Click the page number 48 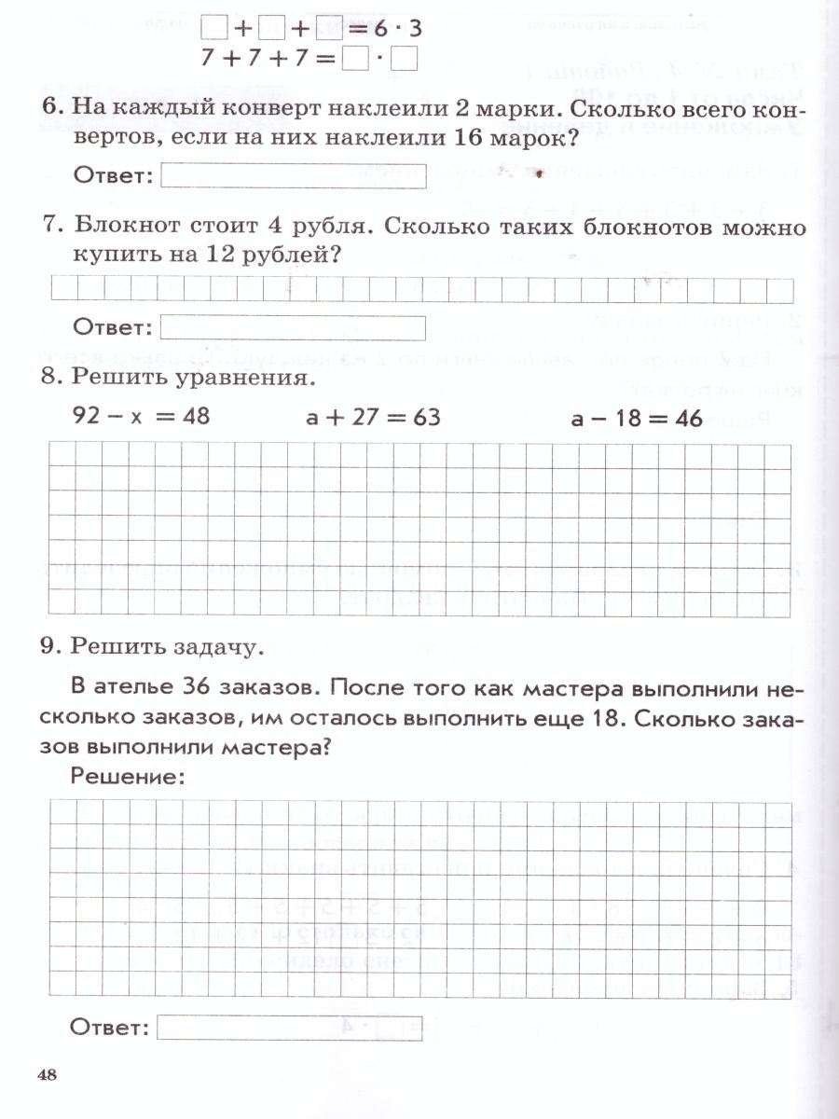click(x=48, y=1075)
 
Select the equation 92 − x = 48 click(x=142, y=416)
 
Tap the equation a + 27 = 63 click(x=373, y=417)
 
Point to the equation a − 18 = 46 click(x=637, y=419)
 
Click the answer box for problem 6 click(x=293, y=176)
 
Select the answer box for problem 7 click(x=293, y=328)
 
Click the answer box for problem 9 click(x=290, y=1028)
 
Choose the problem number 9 click(x=51, y=644)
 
